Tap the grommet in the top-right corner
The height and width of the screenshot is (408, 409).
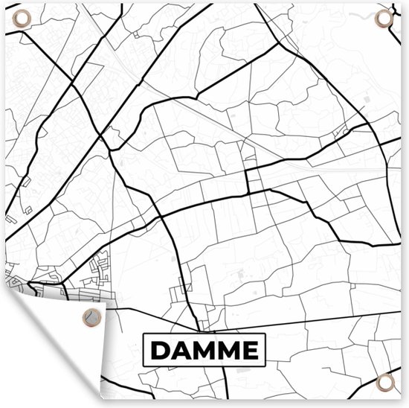pos(384,18)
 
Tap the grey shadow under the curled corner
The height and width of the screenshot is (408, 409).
pos(112,357)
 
